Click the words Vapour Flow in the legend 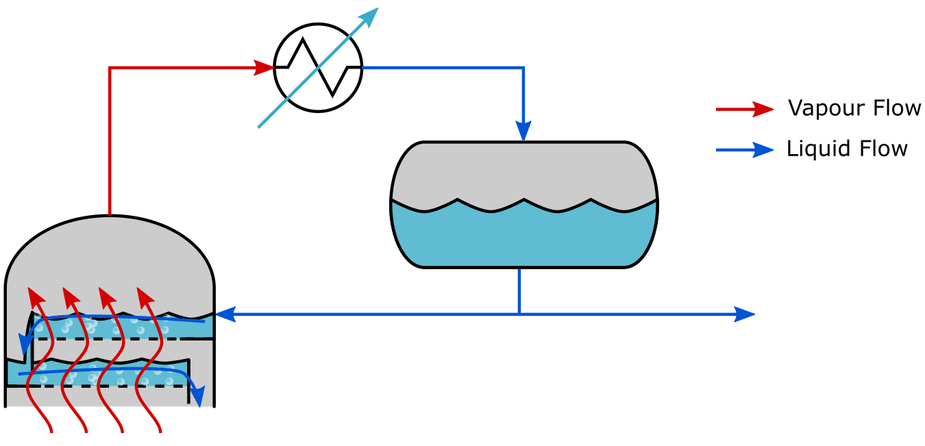click(x=854, y=108)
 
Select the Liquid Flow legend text click(x=847, y=149)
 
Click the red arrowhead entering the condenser click(x=264, y=67)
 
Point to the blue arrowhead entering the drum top click(x=523, y=130)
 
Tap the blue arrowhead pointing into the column click(x=225, y=314)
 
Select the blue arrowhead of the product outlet click(x=745, y=314)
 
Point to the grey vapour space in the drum click(x=523, y=171)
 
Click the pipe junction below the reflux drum click(x=519, y=314)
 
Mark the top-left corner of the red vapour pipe click(x=110, y=68)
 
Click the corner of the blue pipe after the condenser click(x=523, y=68)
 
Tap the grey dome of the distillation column click(x=110, y=253)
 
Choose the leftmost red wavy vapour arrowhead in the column click(x=36, y=297)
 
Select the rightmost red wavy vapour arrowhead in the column click(x=145, y=297)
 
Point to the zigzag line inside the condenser click(x=318, y=68)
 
